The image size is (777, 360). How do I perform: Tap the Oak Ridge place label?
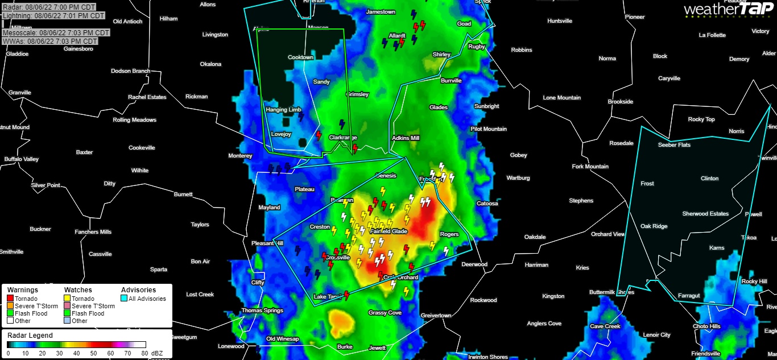coord(654,226)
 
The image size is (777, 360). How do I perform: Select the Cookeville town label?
coord(142,148)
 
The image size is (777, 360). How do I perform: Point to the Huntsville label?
coord(560,21)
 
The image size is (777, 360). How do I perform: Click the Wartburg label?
coord(518,178)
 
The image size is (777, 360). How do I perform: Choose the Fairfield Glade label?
coord(388,231)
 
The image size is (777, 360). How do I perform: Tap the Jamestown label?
coord(381,12)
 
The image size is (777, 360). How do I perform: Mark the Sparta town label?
coord(158,270)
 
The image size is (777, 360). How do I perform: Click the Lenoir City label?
coord(656,335)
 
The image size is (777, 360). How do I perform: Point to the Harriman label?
coord(536,265)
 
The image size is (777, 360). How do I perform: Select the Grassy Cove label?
coord(385,313)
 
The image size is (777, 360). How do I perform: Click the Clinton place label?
coord(709,179)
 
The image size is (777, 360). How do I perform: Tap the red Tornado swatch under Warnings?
coord(10,299)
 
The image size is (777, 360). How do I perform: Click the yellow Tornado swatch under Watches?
coord(67,299)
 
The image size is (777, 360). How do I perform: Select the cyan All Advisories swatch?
coord(124,299)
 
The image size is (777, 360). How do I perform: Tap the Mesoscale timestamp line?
coord(56,33)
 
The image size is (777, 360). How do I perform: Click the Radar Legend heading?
coord(30,336)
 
